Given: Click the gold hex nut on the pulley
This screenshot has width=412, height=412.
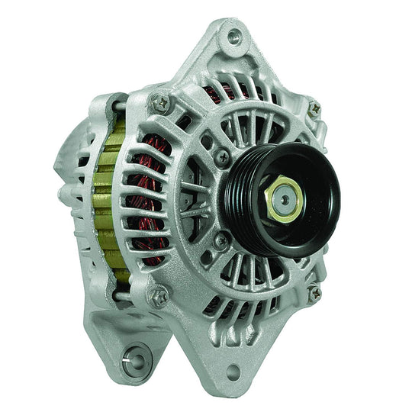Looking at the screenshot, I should tap(282, 200).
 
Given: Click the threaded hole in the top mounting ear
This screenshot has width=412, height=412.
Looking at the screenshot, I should tap(234, 34).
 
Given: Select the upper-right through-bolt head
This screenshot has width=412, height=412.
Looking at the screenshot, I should tap(314, 108).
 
